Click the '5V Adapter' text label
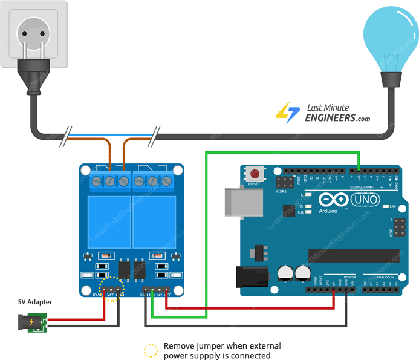tap(34, 302)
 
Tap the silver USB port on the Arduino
tap(239, 201)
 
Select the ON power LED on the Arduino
tap(386, 206)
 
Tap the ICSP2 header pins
tap(284, 182)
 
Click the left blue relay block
tap(109, 219)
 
